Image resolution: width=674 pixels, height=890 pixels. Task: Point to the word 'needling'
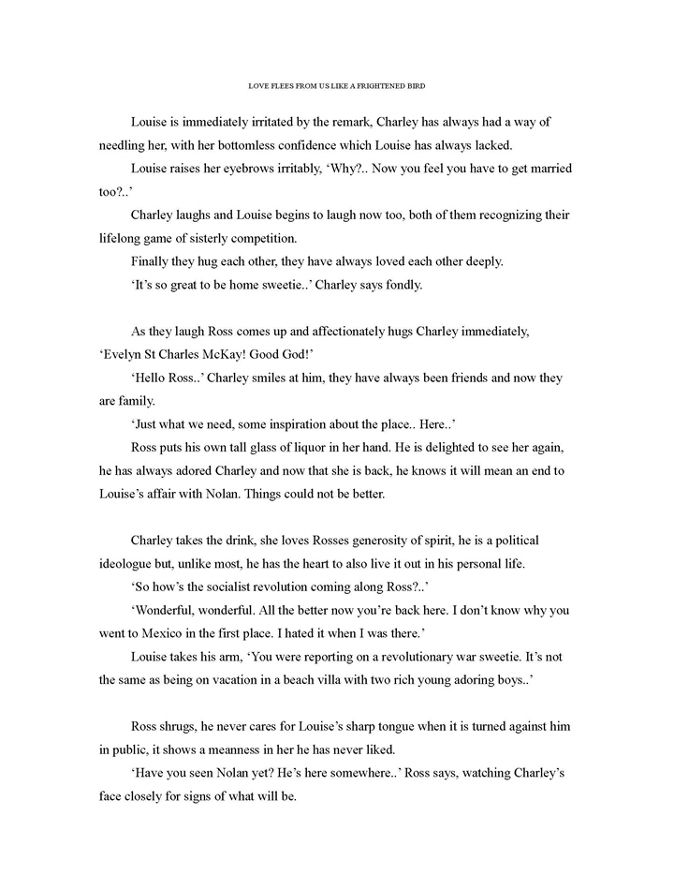(x=126, y=147)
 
